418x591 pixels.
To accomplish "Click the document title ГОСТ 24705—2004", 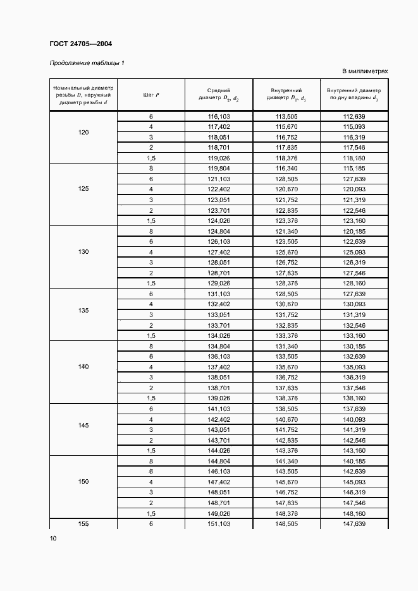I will pyautogui.click(x=80, y=44).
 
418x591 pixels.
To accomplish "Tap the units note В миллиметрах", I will pyautogui.click(x=365, y=71).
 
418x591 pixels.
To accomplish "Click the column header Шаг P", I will pyautogui.click(x=151, y=95).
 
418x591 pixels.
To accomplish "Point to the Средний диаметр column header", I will pyautogui.click(x=218, y=95).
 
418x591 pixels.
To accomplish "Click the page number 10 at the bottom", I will pyautogui.click(x=53, y=538).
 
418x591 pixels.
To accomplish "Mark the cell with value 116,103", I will pyautogui.click(x=218, y=117).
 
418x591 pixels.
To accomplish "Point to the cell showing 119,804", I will pyautogui.click(x=218, y=169).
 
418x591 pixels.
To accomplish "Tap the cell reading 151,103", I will pyautogui.click(x=218, y=523).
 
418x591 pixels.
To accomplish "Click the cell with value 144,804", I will pyautogui.click(x=218, y=462).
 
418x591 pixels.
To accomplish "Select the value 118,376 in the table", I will pyautogui.click(x=286, y=158).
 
